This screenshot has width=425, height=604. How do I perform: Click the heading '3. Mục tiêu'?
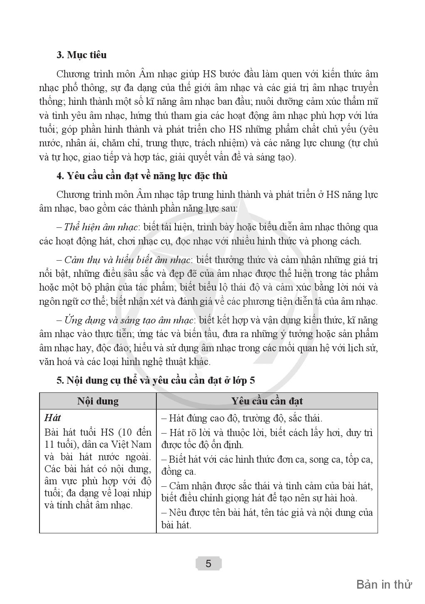pos(82,55)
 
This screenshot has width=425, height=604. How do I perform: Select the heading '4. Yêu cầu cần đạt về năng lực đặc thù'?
pos(142,176)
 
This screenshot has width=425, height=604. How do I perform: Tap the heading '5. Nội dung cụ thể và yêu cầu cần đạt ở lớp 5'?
pos(156,380)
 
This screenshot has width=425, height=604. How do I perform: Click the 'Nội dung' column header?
pos(98,401)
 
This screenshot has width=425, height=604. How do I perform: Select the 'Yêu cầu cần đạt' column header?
pos(267,401)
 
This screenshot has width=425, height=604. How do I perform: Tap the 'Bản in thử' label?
pos(384,584)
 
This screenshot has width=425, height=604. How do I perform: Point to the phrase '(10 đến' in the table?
pos(137,432)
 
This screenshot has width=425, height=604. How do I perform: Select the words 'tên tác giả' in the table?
pos(283,512)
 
